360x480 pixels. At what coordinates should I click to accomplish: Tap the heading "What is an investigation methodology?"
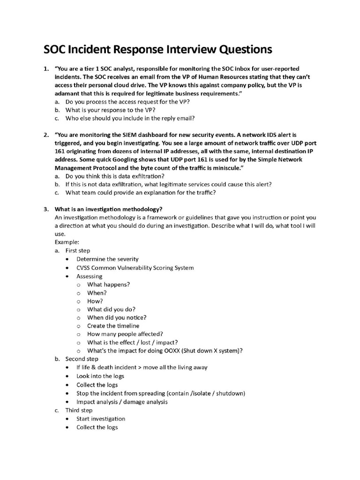[x=108, y=209]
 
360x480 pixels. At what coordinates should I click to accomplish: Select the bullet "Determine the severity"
[x=107, y=259]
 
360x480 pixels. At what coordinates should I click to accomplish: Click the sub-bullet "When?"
[x=97, y=292]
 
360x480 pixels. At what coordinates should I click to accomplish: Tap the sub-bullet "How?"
[x=95, y=301]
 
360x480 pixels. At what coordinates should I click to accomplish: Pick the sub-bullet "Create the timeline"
[x=113, y=326]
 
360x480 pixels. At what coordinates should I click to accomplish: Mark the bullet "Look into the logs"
[x=100, y=376]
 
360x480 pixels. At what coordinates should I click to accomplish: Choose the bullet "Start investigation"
[x=101, y=419]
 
